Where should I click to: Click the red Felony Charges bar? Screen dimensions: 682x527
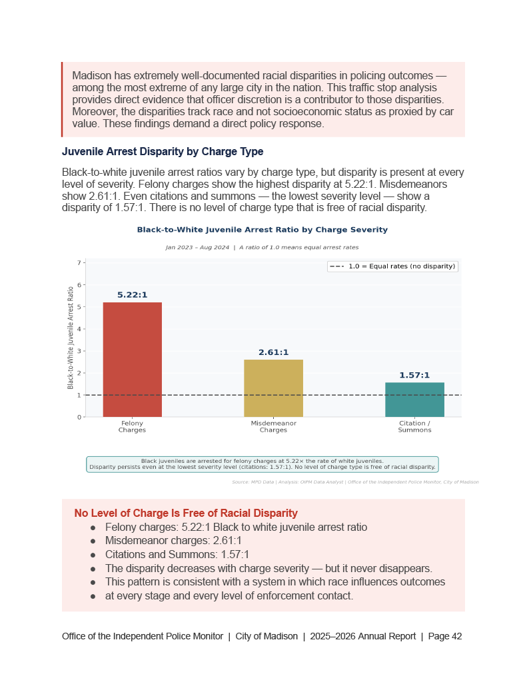tap(132, 359)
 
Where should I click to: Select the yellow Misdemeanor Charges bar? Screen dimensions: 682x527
tap(273, 388)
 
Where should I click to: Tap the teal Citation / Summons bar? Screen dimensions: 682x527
tap(414, 399)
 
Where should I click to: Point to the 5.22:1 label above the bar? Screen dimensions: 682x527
tap(132, 295)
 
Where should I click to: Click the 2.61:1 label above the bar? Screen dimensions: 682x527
tap(273, 352)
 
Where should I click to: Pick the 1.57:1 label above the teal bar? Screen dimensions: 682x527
tap(414, 376)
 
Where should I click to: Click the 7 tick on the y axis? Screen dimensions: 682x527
tap(79, 263)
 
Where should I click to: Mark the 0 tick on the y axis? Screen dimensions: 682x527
tap(79, 418)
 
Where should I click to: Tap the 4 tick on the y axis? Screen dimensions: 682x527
tap(79, 329)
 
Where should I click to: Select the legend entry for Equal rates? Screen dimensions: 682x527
tap(393, 266)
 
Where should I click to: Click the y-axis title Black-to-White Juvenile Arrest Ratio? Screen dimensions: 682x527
tap(71, 338)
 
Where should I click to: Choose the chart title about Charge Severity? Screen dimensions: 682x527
tap(262, 230)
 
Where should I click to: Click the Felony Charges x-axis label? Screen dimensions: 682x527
tap(132, 427)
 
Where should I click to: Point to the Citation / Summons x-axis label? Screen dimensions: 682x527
tap(414, 427)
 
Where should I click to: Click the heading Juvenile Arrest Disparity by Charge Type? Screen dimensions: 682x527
tap(163, 152)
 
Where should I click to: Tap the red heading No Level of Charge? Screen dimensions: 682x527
tap(186, 513)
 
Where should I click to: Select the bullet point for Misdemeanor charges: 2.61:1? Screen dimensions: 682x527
tap(173, 541)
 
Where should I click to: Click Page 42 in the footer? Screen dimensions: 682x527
tap(445, 637)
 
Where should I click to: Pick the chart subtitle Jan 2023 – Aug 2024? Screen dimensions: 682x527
tap(197, 247)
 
